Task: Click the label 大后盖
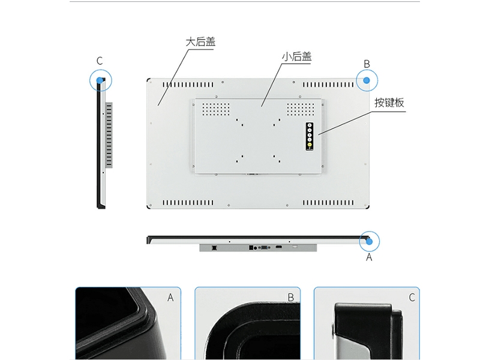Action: click(x=200, y=42)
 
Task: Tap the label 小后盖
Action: click(x=296, y=56)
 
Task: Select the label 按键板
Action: click(x=389, y=103)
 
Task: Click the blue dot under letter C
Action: click(x=100, y=80)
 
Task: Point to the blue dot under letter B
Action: click(x=367, y=80)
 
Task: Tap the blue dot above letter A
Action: click(x=369, y=242)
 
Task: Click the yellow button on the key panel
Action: click(x=310, y=145)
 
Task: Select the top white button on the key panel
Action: click(x=310, y=125)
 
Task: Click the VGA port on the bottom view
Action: click(x=264, y=247)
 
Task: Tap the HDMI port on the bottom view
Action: click(x=278, y=247)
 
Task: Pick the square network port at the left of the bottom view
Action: click(x=214, y=247)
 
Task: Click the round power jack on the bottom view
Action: click(x=256, y=248)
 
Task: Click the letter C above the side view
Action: click(x=100, y=61)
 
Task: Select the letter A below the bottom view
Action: click(x=369, y=257)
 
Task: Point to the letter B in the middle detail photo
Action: click(x=291, y=298)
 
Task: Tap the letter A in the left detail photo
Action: click(x=170, y=298)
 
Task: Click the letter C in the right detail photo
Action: click(x=412, y=298)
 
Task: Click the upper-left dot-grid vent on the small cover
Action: click(x=216, y=109)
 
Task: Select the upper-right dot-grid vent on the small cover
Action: click(x=301, y=109)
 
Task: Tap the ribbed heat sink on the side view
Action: click(x=109, y=135)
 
